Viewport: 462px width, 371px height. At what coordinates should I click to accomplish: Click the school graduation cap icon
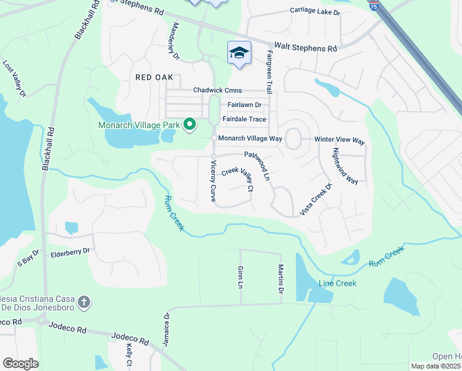point(239,52)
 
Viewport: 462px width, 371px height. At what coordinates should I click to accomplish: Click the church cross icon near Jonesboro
point(85,303)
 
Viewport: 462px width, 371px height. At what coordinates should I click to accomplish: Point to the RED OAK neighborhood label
point(155,77)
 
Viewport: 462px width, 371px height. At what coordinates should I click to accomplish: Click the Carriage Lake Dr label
point(314,11)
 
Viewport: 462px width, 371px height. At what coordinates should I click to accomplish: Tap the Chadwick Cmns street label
point(217,90)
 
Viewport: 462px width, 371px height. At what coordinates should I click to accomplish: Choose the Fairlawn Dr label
point(245,106)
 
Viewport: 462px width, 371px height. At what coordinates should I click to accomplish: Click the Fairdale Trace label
point(244,119)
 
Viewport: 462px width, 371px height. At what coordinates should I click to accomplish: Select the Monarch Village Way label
point(251,139)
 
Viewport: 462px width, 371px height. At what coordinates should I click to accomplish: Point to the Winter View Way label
point(340,140)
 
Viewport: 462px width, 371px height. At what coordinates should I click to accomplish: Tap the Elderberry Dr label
point(70,252)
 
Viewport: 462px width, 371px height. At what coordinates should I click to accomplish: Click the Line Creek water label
point(337,283)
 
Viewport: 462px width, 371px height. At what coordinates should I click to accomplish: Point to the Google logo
point(20,364)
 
